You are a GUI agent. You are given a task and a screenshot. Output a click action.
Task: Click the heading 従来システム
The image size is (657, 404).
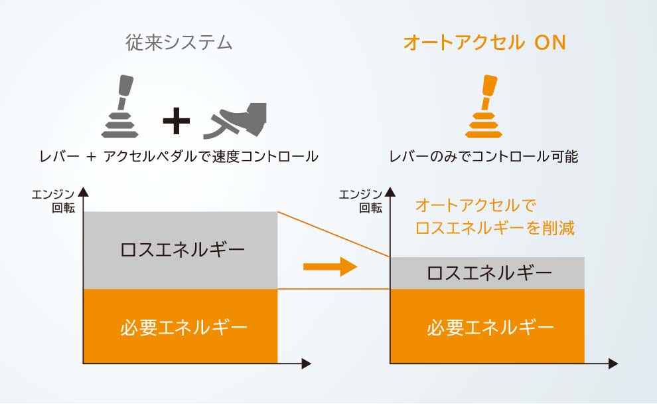179,43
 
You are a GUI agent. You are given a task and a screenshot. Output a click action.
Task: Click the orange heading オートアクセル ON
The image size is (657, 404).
484,43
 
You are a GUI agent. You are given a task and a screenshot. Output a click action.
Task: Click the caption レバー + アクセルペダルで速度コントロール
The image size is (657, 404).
178,157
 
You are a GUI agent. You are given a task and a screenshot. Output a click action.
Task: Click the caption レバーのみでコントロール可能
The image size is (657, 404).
484,157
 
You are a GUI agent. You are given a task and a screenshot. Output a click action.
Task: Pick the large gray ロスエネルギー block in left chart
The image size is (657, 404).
180,250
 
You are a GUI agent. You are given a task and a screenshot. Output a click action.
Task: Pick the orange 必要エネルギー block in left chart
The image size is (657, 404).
180,326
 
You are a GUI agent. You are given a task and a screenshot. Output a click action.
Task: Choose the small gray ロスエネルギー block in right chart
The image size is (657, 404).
488,273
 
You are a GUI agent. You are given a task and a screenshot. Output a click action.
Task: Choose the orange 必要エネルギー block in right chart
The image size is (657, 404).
488,326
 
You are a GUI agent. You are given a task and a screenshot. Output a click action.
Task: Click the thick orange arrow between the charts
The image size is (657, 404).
330,267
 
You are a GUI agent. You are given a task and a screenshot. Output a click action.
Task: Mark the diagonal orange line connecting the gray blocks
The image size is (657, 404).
333,234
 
